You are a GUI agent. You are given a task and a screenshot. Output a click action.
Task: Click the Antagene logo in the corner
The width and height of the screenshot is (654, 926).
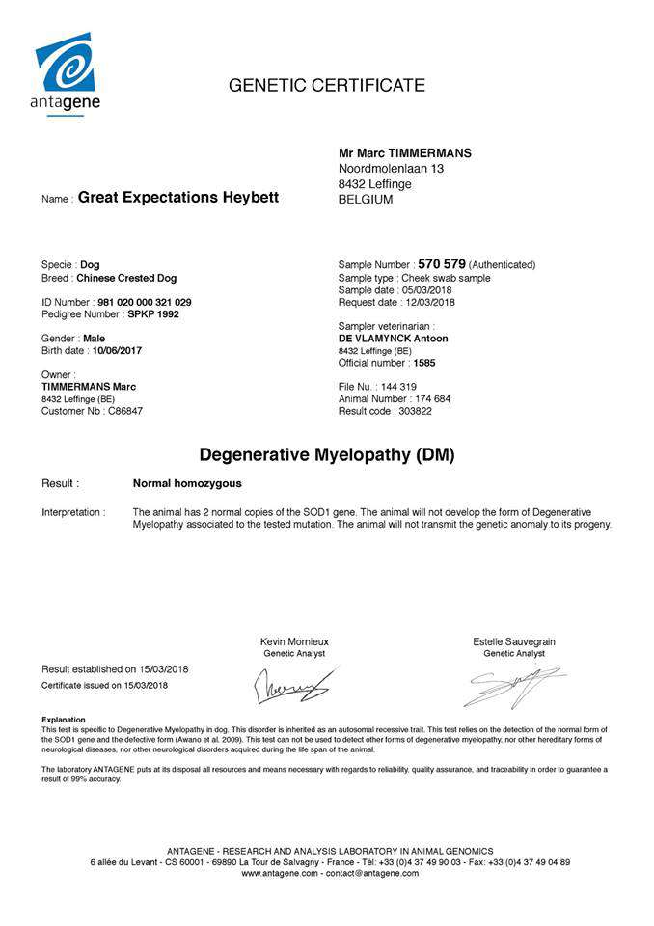(68, 71)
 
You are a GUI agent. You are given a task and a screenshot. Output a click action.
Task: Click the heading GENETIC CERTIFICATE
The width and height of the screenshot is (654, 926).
(326, 86)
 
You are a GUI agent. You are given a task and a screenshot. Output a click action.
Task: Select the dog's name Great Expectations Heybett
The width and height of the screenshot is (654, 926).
(177, 197)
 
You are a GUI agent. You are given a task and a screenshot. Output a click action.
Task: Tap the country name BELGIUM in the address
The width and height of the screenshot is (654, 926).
(366, 200)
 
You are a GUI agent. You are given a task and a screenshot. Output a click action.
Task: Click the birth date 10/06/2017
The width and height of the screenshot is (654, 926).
(111, 351)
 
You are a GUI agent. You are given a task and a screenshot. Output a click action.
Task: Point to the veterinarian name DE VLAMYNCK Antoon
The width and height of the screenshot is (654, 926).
(393, 339)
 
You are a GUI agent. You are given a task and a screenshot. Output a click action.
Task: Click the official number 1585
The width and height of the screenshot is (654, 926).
(424, 363)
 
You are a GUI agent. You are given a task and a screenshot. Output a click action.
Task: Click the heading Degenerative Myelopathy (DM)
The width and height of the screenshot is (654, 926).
(326, 453)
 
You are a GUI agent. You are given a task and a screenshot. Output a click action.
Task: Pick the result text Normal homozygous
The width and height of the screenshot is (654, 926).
(187, 482)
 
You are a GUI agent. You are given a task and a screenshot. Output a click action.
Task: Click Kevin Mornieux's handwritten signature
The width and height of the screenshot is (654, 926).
(293, 685)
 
